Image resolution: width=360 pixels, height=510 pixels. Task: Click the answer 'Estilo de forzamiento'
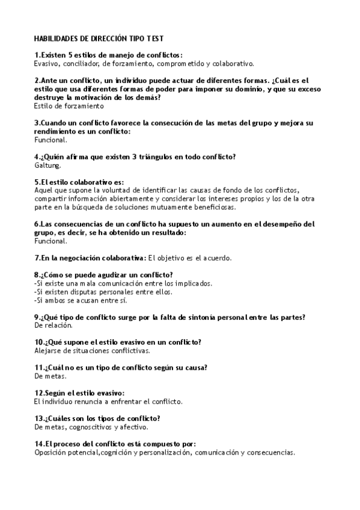69,106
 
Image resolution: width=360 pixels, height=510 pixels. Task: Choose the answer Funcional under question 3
51,140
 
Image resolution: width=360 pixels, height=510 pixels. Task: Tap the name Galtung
47,165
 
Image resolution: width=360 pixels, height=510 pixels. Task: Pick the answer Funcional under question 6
51,241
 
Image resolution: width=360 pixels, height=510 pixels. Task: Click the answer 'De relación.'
53,325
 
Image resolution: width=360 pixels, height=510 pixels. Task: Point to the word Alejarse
48,350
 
